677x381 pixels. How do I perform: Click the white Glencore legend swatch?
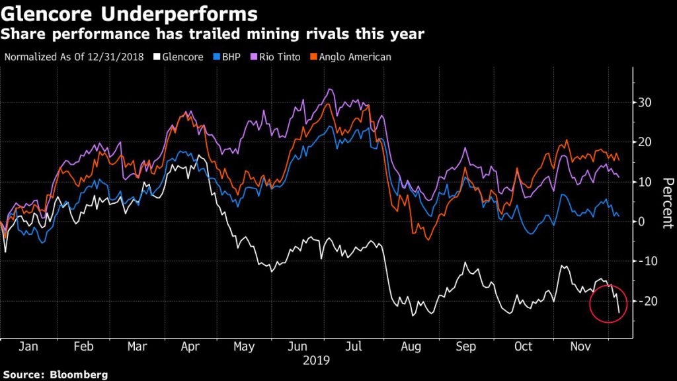[156, 57]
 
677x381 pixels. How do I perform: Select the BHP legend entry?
[227, 57]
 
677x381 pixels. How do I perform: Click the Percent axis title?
[666, 202]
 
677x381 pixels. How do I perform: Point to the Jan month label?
[29, 346]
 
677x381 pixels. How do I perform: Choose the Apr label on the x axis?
[190, 346]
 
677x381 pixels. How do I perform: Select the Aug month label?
[411, 346]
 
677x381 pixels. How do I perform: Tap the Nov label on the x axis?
[580, 346]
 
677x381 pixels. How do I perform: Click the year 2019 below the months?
[316, 360]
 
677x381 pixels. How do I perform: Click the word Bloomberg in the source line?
[79, 374]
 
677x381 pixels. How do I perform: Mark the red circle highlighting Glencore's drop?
[607, 303]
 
